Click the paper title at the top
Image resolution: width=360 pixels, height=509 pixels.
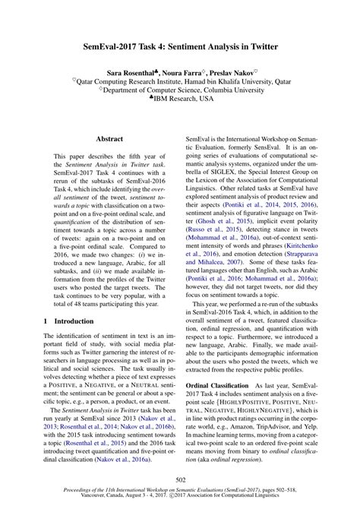[x=180, y=47]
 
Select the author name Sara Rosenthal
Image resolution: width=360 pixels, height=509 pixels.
[x=134, y=68]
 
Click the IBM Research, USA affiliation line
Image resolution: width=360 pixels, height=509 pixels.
[x=182, y=98]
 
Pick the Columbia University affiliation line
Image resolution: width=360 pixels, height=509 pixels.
[x=180, y=88]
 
